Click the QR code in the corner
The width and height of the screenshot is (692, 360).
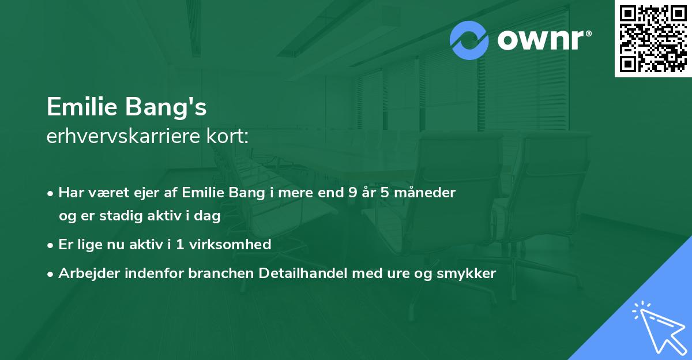coord(653,39)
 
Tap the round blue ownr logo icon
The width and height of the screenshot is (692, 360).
coord(469,40)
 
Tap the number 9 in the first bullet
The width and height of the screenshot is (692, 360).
coord(352,193)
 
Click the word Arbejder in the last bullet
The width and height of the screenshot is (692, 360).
coord(84,273)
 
